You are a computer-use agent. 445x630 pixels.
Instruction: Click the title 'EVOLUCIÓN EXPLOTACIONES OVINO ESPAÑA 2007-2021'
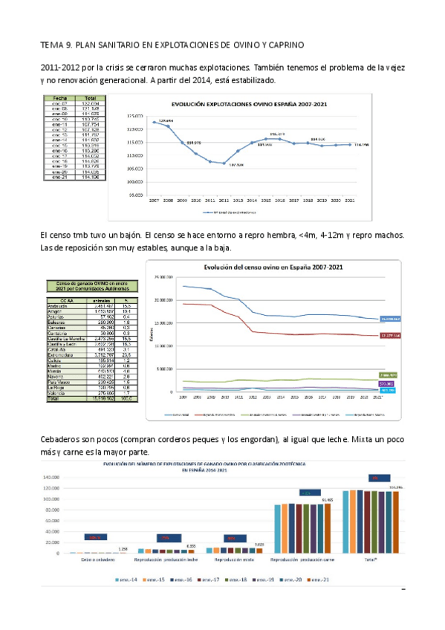pos(252,105)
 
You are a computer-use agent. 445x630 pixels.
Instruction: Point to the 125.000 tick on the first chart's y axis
pos(134,117)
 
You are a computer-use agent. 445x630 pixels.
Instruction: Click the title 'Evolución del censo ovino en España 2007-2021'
pos(273,267)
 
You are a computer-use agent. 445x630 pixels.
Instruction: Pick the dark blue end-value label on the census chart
pos(390,319)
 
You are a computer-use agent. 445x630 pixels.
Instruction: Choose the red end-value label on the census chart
pos(390,336)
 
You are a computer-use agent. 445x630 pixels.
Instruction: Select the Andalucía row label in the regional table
pos(62,305)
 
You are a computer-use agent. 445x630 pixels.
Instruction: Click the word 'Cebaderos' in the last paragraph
pos(59,440)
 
